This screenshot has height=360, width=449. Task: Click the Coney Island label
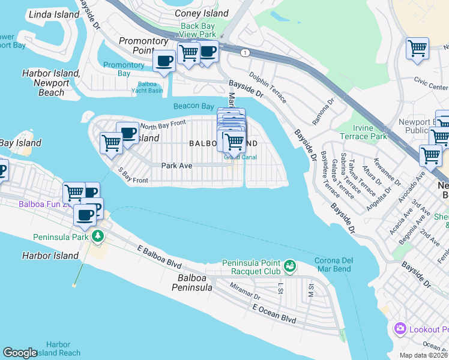[x=201, y=13]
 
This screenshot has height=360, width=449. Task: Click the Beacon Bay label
[x=193, y=106]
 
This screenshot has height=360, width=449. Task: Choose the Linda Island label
[x=54, y=14]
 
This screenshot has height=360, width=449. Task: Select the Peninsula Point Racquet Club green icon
[x=290, y=265]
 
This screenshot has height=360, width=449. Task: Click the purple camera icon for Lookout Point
[x=400, y=329]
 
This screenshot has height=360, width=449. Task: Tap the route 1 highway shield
[x=245, y=53]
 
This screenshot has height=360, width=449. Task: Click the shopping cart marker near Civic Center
[x=417, y=49]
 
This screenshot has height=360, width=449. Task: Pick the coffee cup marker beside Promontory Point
[x=164, y=60]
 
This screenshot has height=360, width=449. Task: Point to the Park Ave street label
[x=176, y=165]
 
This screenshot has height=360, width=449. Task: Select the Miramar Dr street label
[x=244, y=292]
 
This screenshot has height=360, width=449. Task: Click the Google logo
[x=20, y=353]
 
